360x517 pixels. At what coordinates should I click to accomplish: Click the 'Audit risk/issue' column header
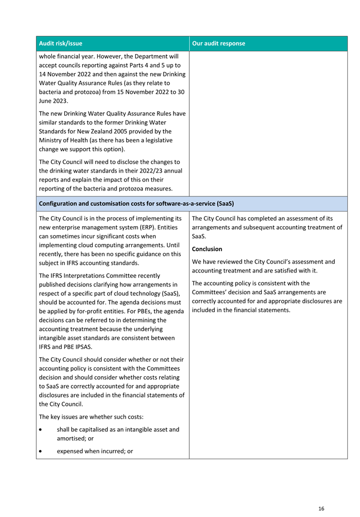coord(61,44)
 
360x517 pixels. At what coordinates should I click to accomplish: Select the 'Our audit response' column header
coord(218,44)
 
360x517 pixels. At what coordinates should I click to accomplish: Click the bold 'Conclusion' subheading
coord(207,249)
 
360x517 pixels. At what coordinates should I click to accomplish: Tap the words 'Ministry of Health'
coord(64,140)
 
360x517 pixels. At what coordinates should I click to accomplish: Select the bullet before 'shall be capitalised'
coord(41,430)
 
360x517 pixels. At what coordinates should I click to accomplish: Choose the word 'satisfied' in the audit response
coord(285,271)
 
